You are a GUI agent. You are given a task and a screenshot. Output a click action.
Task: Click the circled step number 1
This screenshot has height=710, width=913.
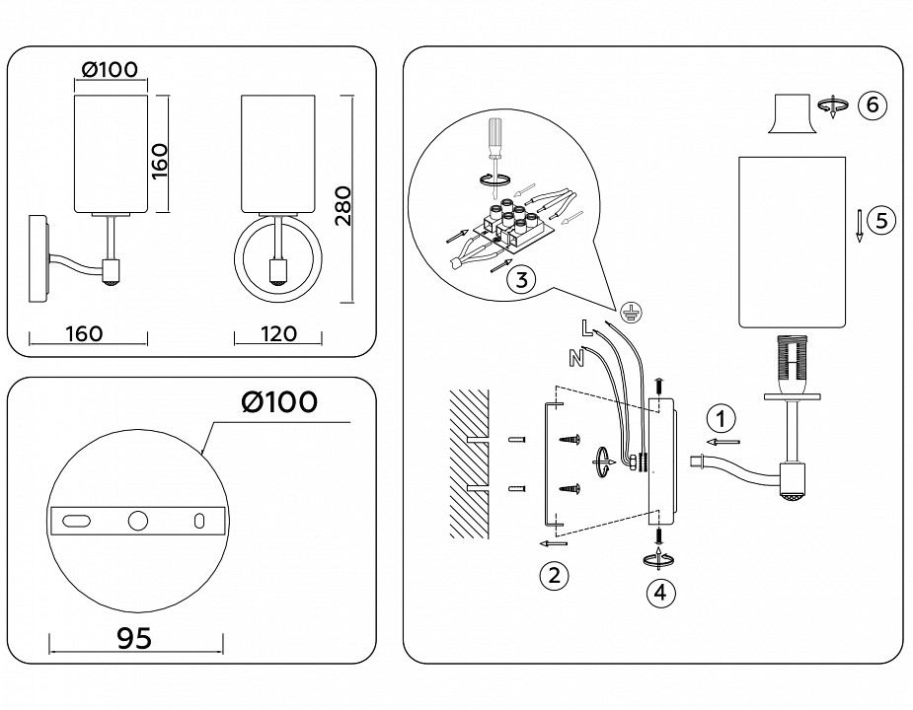(x=723, y=418)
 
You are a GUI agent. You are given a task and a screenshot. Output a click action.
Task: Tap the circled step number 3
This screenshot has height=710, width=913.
(x=520, y=280)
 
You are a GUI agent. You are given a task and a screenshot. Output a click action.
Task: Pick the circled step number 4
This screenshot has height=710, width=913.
(x=660, y=593)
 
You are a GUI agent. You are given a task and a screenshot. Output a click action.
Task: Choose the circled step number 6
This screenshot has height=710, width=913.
(x=872, y=106)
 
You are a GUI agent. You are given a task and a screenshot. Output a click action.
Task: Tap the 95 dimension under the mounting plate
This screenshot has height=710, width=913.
(x=134, y=639)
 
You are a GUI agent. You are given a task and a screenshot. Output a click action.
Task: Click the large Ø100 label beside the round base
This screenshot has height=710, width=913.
(x=279, y=402)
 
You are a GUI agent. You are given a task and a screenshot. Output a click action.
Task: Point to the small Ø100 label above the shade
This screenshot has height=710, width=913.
(x=110, y=70)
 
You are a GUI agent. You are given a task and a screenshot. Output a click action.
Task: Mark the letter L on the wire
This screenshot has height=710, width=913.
(x=587, y=328)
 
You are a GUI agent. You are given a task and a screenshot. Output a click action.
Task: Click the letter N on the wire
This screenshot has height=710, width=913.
(x=575, y=356)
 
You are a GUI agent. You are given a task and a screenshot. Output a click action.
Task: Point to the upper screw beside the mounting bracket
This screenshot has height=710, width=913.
(x=570, y=441)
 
